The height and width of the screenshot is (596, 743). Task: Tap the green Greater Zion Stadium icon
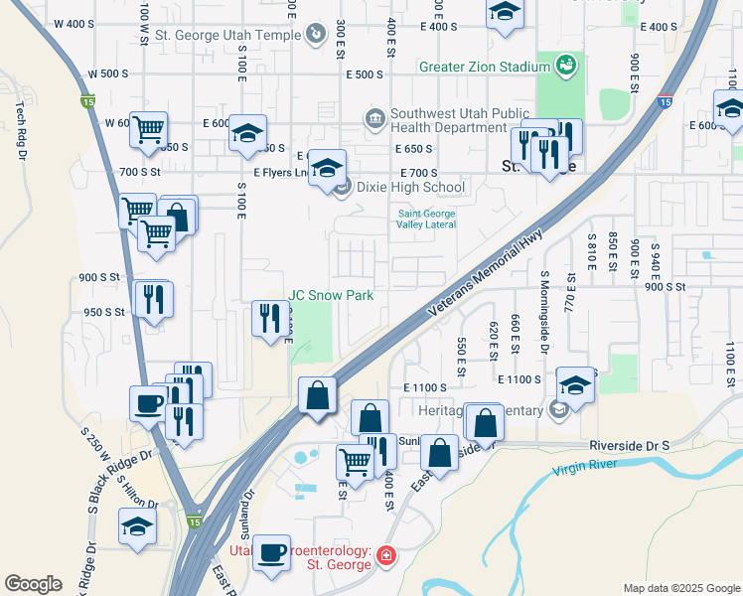pyautogui.click(x=566, y=67)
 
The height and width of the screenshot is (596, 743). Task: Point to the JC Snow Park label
pyautogui.click(x=331, y=295)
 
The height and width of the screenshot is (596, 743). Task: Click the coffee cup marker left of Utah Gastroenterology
pyautogui.click(x=271, y=552)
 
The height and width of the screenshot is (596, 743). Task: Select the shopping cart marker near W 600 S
pyautogui.click(x=148, y=128)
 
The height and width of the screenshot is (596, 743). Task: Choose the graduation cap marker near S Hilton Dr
pyautogui.click(x=137, y=526)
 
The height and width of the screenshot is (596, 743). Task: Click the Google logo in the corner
pyautogui.click(x=33, y=584)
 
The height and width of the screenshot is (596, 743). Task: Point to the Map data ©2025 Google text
pyautogui.click(x=680, y=588)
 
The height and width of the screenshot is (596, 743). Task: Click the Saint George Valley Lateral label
pyautogui.click(x=427, y=219)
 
